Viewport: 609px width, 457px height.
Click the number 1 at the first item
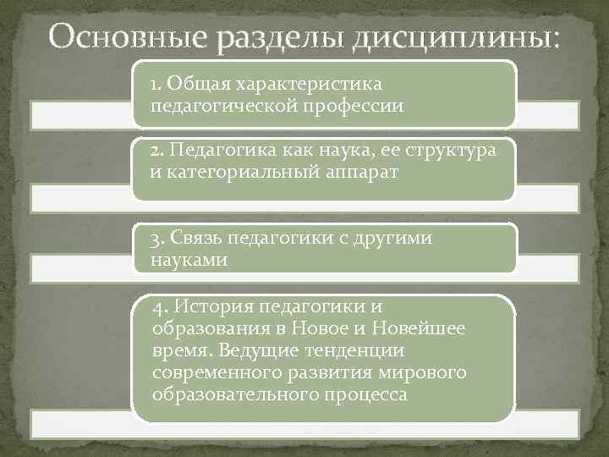154,85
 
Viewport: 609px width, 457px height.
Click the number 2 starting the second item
155,151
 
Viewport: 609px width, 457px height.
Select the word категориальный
222,172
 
